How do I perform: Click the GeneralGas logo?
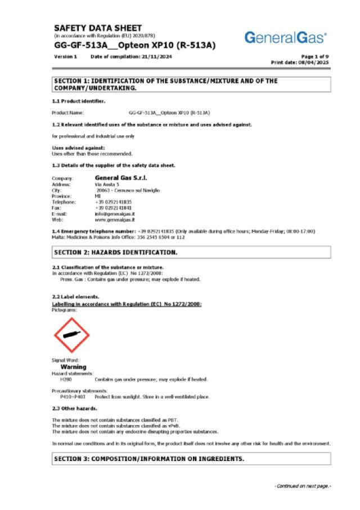tap(285, 38)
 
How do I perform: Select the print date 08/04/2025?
tap(315, 62)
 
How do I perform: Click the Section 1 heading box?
tap(191, 84)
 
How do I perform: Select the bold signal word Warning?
tap(73, 367)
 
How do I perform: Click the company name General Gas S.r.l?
tap(121, 178)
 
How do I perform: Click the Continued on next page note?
tap(302, 486)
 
